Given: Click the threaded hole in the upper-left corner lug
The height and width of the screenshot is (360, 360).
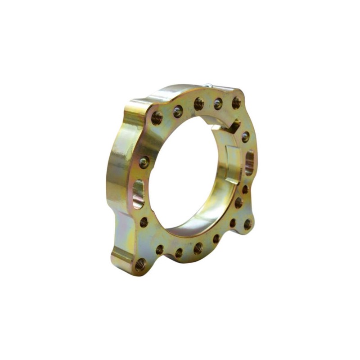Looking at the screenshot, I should [156, 118].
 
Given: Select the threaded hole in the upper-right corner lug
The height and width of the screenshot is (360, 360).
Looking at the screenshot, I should [236, 103].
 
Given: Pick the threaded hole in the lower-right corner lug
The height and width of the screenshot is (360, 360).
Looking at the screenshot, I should [247, 224].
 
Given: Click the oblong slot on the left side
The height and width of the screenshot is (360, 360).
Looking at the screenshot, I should [139, 193].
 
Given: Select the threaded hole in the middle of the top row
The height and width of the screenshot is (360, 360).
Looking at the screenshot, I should [198, 104].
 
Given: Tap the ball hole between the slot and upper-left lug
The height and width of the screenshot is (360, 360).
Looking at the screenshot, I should [144, 162].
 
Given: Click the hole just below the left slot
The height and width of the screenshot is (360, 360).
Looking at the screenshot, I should [144, 222].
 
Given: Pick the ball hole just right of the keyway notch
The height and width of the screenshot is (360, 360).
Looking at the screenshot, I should [245, 136].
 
